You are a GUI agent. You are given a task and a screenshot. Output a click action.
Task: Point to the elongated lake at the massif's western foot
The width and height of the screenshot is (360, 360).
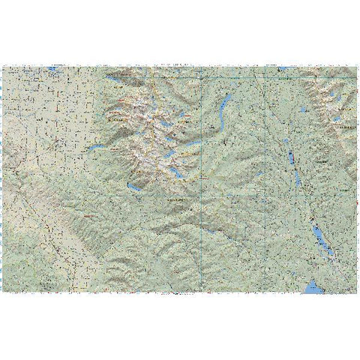pos(96,148)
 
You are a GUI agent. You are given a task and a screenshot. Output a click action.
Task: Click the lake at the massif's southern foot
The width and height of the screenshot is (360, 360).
pos(133,187)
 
